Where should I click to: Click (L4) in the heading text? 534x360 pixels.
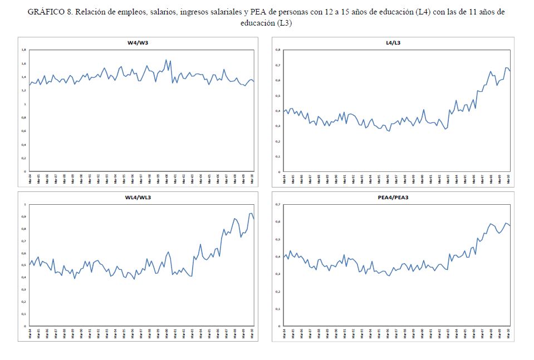tap(424, 12)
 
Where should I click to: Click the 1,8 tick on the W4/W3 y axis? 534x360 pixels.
tap(23, 50)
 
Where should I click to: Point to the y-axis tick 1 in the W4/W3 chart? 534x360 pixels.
tap(25, 104)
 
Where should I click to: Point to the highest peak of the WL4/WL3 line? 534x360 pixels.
tap(251, 213)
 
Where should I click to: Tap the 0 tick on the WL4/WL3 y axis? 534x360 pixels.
tap(25, 326)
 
